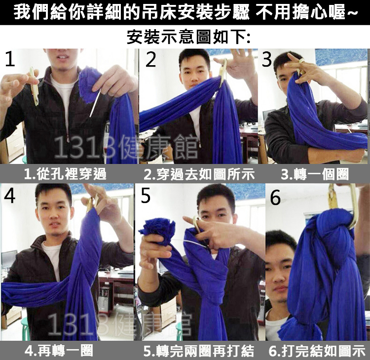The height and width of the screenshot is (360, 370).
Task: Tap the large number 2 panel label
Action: (x=151, y=59)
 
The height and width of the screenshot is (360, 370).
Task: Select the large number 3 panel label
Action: (x=267, y=59)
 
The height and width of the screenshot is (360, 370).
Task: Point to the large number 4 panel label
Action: (x=10, y=196)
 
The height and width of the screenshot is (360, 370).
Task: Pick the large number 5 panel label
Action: (x=146, y=196)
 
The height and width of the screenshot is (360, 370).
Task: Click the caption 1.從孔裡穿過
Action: (x=65, y=174)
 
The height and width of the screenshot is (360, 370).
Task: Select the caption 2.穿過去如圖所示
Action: (x=199, y=174)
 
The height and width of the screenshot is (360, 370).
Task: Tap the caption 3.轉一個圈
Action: (x=315, y=174)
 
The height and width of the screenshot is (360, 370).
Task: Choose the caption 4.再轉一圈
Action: (x=59, y=351)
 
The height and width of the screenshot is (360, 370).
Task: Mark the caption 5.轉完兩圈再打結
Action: (x=199, y=351)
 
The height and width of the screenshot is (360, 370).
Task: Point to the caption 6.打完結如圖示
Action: (x=317, y=351)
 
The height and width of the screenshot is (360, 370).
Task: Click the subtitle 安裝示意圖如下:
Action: (x=189, y=37)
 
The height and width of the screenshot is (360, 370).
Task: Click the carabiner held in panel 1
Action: (x=34, y=86)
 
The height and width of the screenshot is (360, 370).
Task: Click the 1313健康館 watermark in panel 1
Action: (x=126, y=147)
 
